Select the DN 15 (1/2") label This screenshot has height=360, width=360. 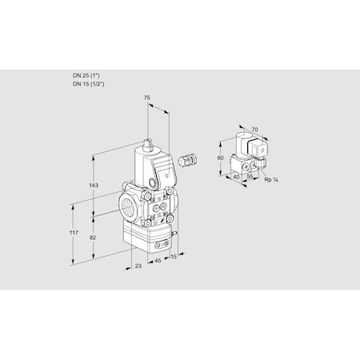pyautogui.click(x=88, y=82)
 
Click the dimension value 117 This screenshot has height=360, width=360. pyautogui.click(x=74, y=233)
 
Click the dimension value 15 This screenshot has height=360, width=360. pyautogui.click(x=173, y=258)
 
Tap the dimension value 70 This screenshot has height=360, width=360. pyautogui.click(x=254, y=128)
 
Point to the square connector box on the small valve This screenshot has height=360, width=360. pyautogui.click(x=258, y=149)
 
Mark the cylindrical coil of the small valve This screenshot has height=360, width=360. pyautogui.click(x=241, y=146)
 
